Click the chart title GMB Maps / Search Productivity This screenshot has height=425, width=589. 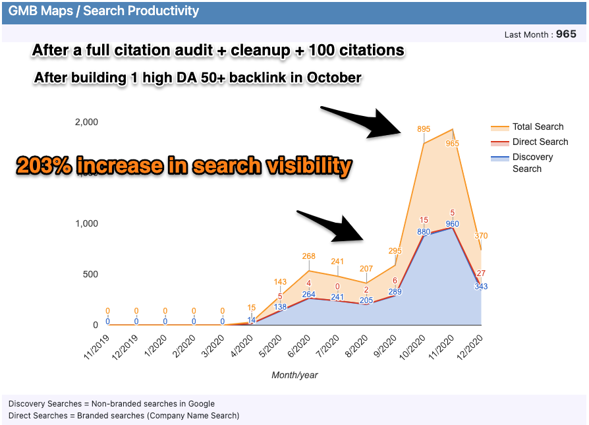coord(103,11)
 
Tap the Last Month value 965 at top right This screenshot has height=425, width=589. coord(566,34)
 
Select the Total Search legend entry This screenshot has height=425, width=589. coord(538,127)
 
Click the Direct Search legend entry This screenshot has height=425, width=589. coord(540,142)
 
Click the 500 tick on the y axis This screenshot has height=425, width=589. coord(90,274)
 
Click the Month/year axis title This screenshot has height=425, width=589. coord(294,375)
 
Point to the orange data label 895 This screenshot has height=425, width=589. coord(424,129)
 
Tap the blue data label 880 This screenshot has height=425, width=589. coord(424,232)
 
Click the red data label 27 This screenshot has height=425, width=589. coord(481,273)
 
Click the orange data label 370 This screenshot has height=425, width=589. coord(480,236)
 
